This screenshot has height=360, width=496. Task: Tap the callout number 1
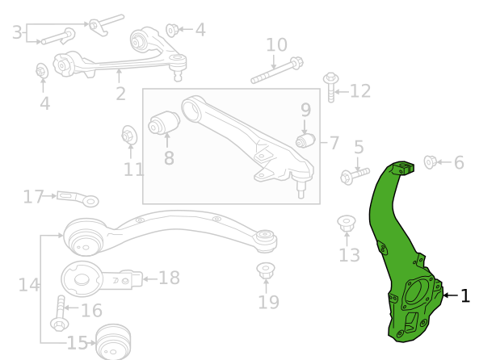(x=465, y=296)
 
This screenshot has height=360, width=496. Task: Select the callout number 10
(x=277, y=45)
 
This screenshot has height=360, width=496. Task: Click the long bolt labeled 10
(x=277, y=70)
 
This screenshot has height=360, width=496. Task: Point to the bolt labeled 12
(x=331, y=87)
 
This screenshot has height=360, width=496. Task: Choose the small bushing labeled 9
(x=305, y=140)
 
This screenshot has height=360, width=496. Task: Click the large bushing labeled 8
(x=164, y=123)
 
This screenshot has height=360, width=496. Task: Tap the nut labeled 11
(x=129, y=136)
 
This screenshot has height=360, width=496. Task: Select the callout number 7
(x=334, y=143)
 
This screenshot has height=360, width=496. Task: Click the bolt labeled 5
(x=355, y=175)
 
